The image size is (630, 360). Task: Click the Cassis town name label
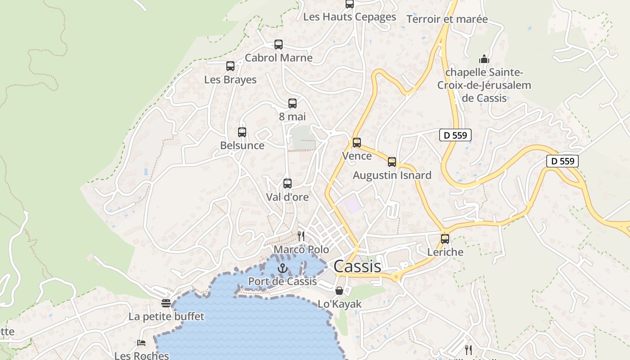[357, 266]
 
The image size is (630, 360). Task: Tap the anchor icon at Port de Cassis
[282, 269]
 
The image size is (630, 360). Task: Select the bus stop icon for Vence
[357, 143]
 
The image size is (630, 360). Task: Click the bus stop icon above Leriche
[445, 239]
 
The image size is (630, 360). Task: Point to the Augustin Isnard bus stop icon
[392, 162]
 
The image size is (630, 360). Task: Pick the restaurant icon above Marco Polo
[301, 236]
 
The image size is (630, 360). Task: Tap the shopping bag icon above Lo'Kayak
[339, 291]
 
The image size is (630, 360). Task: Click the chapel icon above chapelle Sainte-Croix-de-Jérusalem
[484, 59]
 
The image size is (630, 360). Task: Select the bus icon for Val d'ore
[288, 184]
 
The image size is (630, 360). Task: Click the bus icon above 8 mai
[292, 103]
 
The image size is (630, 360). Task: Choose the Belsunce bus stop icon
[242, 132]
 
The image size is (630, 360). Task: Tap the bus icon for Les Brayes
[230, 66]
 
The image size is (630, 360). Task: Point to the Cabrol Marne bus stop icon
[279, 45]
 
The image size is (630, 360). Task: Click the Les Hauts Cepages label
[350, 17]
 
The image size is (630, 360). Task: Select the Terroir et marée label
[447, 19]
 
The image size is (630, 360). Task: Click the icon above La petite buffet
[166, 303]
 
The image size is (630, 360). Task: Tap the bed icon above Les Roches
[141, 343]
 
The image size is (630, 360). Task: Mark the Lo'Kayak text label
[340, 304]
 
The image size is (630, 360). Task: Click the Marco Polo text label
[301, 250]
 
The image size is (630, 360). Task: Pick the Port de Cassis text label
[283, 282]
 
